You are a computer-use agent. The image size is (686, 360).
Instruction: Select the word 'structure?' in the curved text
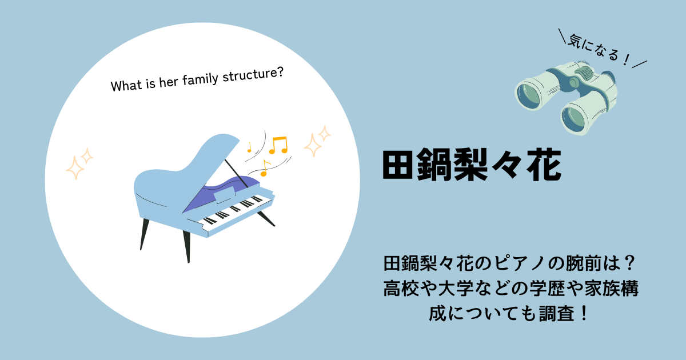pyautogui.click(x=253, y=74)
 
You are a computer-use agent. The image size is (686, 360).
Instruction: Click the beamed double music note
pyautogui.click(x=278, y=145)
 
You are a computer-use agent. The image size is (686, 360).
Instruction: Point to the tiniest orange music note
pyautogui.click(x=249, y=147)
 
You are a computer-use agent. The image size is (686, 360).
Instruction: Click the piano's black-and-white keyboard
pyautogui.click(x=234, y=210)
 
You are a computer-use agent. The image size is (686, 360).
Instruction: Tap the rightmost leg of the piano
pyautogui.click(x=266, y=218)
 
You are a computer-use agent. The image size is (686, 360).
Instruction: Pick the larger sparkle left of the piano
pyautogui.click(x=74, y=168)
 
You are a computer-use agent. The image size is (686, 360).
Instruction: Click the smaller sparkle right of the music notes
pyautogui.click(x=324, y=134)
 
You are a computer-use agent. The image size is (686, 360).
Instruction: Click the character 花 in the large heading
pyautogui.click(x=544, y=165)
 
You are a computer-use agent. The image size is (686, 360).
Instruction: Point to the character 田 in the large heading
pyautogui.click(x=398, y=165)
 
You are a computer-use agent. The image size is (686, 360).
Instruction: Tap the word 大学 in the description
pyautogui.click(x=456, y=289)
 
